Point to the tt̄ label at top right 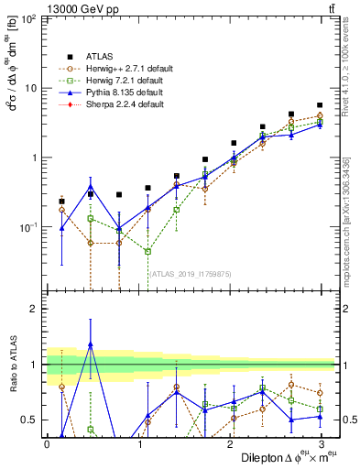pyautogui.click(x=330, y=8)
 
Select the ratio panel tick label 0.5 pyautogui.click(x=28, y=420)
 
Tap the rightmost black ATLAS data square pyautogui.click(x=320, y=105)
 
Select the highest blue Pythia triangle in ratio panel pyautogui.click(x=90, y=344)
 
